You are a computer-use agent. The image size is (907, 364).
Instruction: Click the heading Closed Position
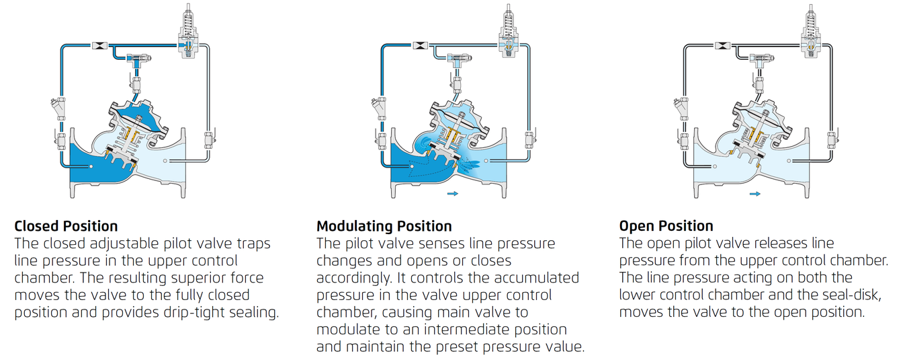coord(66,226)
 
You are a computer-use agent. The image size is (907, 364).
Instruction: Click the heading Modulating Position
coord(384,226)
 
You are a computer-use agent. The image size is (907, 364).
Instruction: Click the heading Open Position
coord(666,226)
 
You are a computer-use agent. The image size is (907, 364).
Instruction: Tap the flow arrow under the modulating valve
coord(453,193)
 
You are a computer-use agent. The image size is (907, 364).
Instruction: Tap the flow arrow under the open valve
coord(754,194)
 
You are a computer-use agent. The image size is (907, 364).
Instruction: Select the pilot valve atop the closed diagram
coord(188,32)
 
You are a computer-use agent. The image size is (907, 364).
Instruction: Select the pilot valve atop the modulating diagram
coord(508,32)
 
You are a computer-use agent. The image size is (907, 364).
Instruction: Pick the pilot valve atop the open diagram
coord(811,32)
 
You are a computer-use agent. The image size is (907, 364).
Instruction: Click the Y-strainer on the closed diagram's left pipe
coord(58,108)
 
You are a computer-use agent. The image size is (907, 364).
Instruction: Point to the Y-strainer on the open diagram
coord(681,108)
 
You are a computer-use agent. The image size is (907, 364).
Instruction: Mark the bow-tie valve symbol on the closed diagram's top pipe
coord(99,45)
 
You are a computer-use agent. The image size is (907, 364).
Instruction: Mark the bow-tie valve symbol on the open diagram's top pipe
coord(722,45)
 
